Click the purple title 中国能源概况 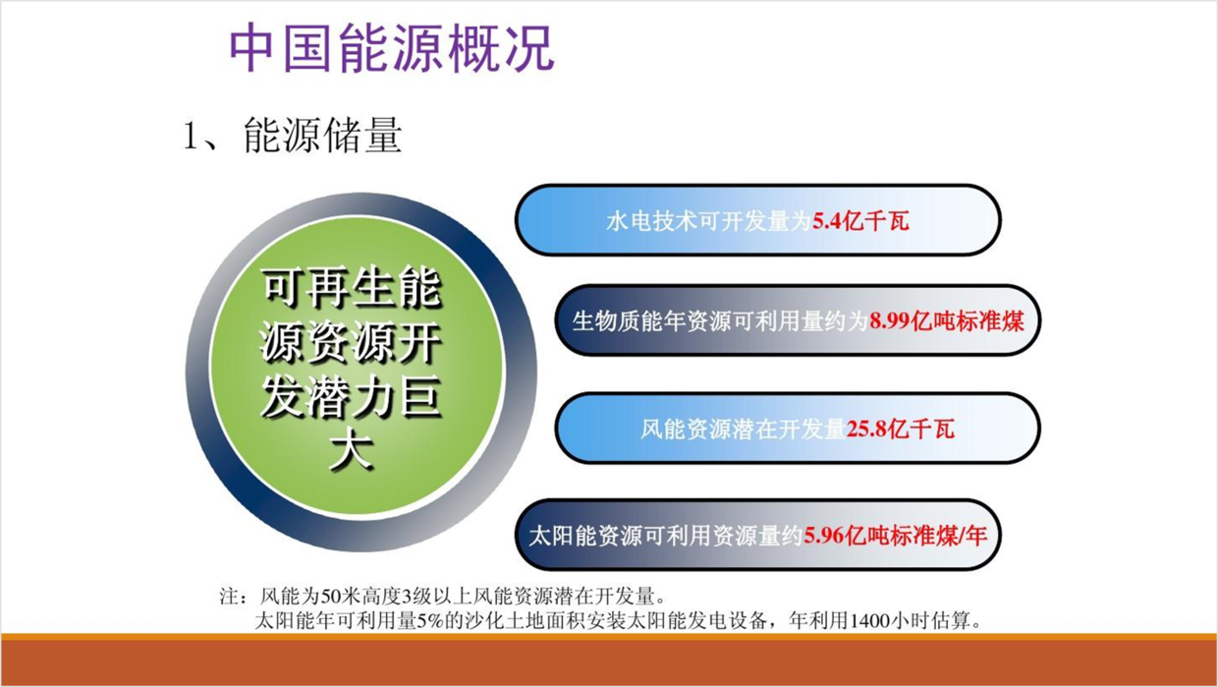[x=392, y=48]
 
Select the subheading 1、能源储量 [x=293, y=135]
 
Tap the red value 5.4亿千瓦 [x=860, y=221]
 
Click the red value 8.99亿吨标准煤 [x=947, y=321]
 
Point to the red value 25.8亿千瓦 [x=900, y=429]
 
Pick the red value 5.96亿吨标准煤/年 [x=895, y=536]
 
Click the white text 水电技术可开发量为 [x=709, y=221]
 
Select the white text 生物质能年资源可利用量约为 [x=720, y=321]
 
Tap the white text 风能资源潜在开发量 [x=743, y=429]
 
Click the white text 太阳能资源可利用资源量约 [x=666, y=536]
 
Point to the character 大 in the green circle [x=352, y=451]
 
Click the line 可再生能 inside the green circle [x=352, y=288]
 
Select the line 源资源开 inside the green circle [x=351, y=343]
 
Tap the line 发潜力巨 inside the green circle [x=351, y=398]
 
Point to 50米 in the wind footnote [x=332, y=597]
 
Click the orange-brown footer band [x=609, y=659]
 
